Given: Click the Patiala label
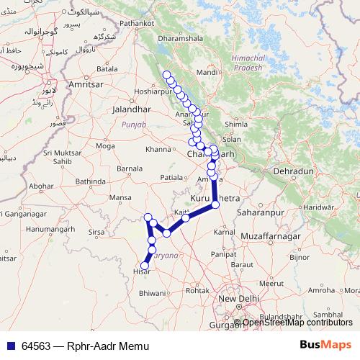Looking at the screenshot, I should click(x=172, y=176).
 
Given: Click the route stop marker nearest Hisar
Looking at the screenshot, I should click(x=143, y=264).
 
